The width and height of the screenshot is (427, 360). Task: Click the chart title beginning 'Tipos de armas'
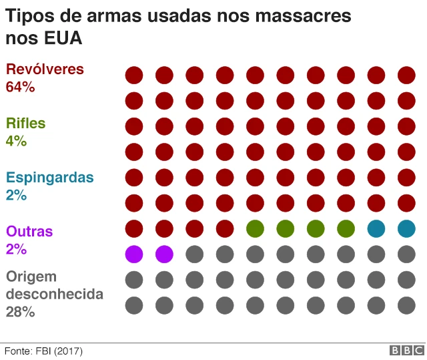(x=178, y=27)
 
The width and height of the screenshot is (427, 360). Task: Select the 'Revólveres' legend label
(x=45, y=69)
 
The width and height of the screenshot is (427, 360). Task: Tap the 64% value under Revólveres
(x=20, y=87)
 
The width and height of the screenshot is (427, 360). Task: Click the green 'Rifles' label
(x=26, y=124)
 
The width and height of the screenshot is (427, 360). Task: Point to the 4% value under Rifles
(x=16, y=141)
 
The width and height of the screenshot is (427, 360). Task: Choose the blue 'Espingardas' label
(x=50, y=178)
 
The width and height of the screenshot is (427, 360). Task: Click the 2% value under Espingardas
(x=16, y=195)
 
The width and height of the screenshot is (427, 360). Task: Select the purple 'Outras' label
(x=29, y=232)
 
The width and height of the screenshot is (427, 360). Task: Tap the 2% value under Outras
(x=16, y=249)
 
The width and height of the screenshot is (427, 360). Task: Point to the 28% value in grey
(x=20, y=311)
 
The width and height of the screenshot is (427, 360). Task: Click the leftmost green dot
(x=255, y=228)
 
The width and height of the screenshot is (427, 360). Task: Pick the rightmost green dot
(x=346, y=228)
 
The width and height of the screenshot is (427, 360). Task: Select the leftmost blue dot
(x=376, y=228)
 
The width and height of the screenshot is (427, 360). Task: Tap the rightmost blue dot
(x=406, y=228)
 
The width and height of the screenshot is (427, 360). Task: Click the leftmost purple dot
(x=134, y=254)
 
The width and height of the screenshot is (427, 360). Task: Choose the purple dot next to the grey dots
(x=164, y=254)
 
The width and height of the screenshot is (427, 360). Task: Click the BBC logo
(x=406, y=351)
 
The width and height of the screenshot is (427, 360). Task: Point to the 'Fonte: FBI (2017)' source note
(x=44, y=351)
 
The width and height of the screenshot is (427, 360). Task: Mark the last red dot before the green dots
(x=225, y=228)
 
